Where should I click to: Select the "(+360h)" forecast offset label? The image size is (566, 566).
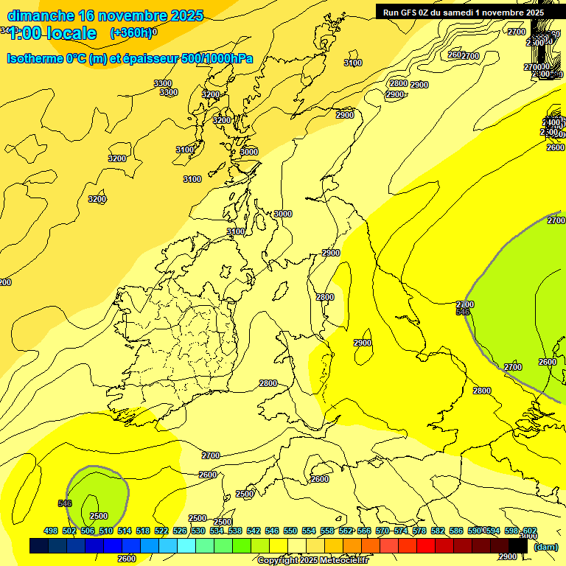[130, 32]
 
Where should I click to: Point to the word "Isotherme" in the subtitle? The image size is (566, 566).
[37, 58]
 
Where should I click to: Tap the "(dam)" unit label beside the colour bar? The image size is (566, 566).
[546, 546]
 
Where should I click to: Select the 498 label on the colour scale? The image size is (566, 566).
[51, 531]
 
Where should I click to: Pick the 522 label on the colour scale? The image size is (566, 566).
[161, 531]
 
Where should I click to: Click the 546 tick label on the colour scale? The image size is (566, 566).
[272, 531]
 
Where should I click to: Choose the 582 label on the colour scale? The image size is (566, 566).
[438, 531]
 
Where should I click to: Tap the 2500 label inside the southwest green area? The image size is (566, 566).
[98, 516]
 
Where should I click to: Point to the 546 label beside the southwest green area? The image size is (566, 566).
[65, 503]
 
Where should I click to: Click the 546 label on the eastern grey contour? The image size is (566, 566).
[463, 312]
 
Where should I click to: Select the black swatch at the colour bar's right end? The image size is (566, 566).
[519, 546]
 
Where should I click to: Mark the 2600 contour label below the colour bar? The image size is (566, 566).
[127, 559]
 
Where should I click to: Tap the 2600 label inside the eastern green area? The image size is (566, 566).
[548, 362]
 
